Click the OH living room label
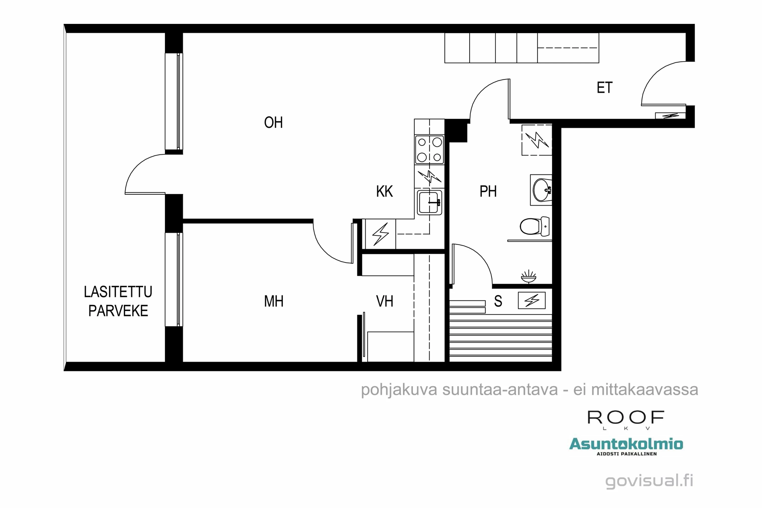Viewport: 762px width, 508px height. [273, 122]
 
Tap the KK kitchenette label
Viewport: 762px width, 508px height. [384, 191]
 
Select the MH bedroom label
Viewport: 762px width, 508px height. [274, 301]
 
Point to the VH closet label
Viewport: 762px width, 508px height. [384, 301]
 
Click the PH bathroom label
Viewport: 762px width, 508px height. [488, 191]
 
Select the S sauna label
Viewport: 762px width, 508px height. [498, 301]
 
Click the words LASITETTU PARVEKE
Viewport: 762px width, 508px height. [118, 301]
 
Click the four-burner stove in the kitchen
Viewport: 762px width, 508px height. [429, 150]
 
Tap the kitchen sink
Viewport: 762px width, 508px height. [429, 202]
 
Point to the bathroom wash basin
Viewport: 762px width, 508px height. [541, 190]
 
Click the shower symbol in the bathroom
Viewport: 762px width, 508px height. [528, 276]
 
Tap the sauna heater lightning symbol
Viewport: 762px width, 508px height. [532, 300]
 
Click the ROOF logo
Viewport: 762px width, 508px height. [626, 418]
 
